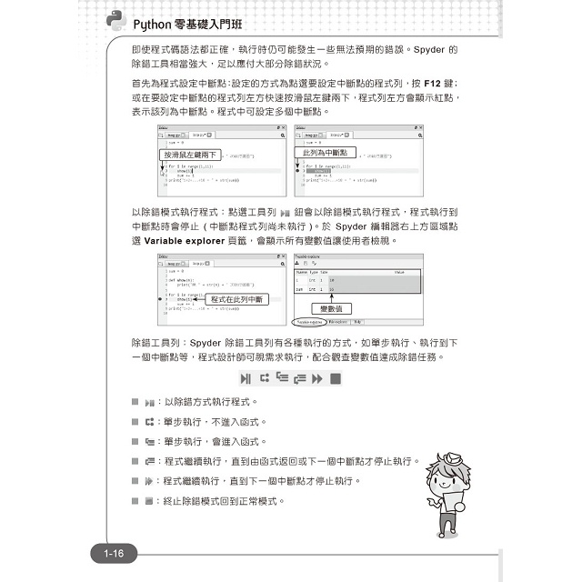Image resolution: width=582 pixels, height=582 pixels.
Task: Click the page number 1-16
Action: (119, 553)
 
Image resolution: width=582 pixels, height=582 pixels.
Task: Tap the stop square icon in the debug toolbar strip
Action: (336, 377)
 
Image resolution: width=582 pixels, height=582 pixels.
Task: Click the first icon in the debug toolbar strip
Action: (245, 377)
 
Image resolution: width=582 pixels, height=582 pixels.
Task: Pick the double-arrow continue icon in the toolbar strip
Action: (317, 377)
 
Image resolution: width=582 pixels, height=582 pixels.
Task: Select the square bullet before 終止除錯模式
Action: (136, 501)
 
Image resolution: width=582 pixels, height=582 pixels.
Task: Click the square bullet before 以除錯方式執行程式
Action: (136, 401)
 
